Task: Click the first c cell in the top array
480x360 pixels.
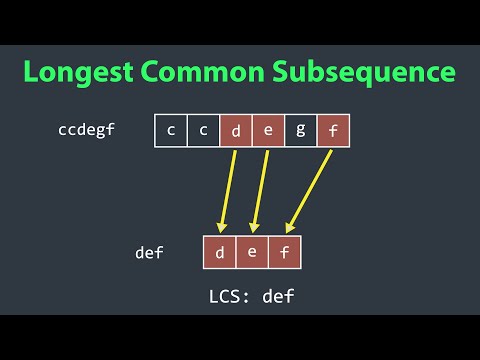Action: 172,131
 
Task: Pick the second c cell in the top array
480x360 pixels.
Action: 204,131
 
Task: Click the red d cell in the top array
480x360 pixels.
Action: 236,131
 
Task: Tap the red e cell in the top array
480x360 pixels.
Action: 268,131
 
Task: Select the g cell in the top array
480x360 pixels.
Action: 300,131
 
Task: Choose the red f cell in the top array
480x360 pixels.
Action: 332,131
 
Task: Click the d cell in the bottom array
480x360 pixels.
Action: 220,252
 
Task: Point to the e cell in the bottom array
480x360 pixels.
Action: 252,252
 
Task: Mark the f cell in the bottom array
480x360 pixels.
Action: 284,252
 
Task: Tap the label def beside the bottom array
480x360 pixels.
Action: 149,253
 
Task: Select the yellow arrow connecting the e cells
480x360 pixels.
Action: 260,190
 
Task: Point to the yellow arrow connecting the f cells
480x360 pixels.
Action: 308,190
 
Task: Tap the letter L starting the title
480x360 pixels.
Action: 34,72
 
